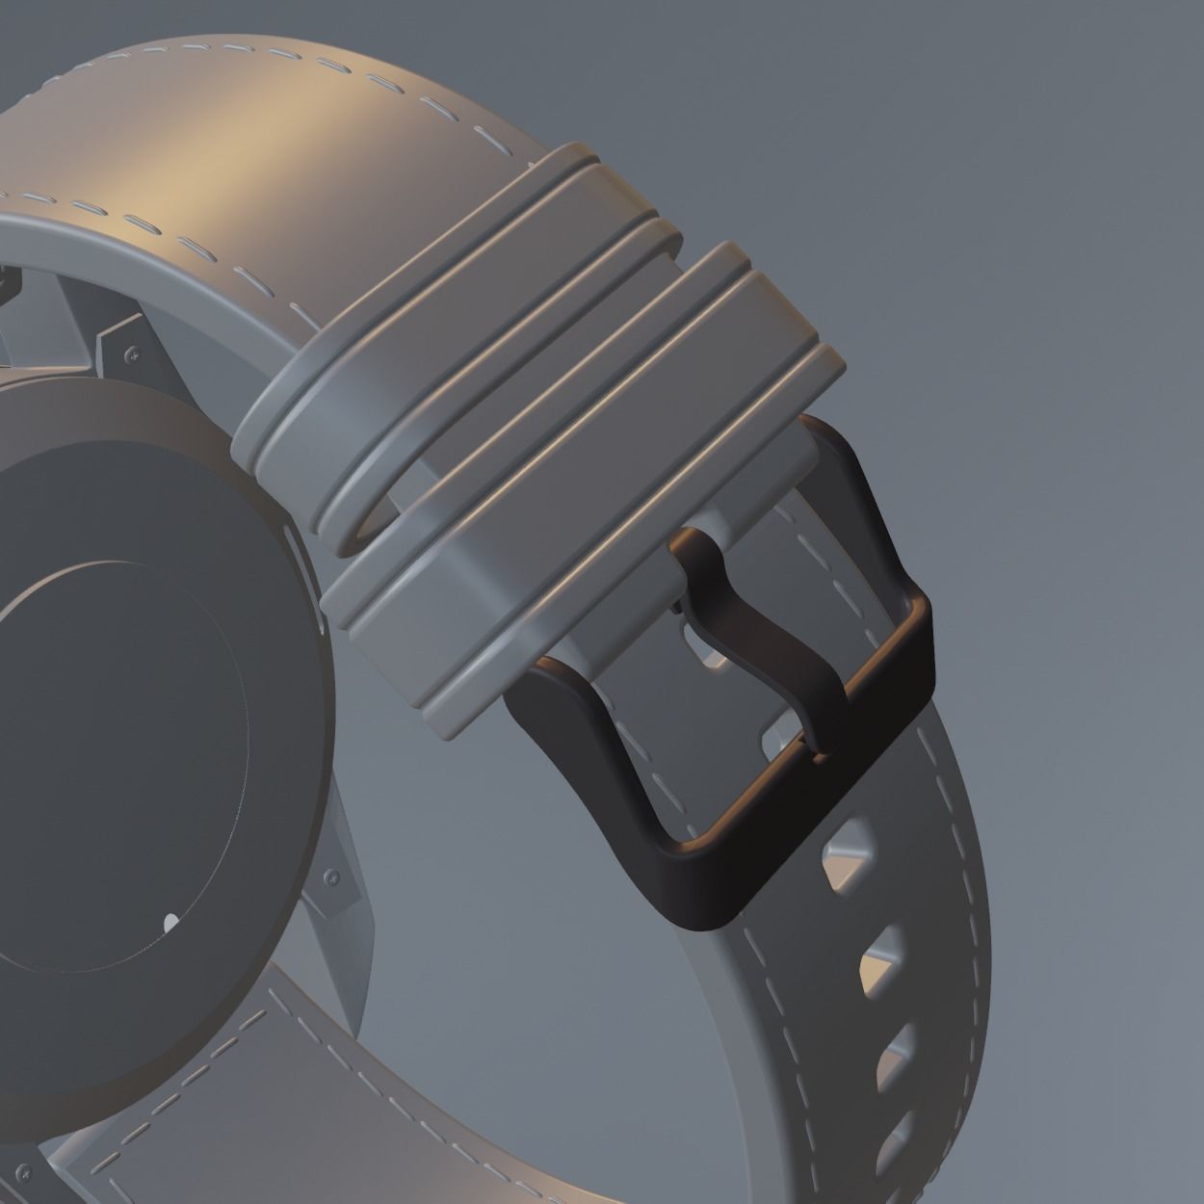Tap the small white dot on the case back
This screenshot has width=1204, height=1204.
click(x=170, y=923)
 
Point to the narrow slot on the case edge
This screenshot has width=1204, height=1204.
click(x=322, y=616)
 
